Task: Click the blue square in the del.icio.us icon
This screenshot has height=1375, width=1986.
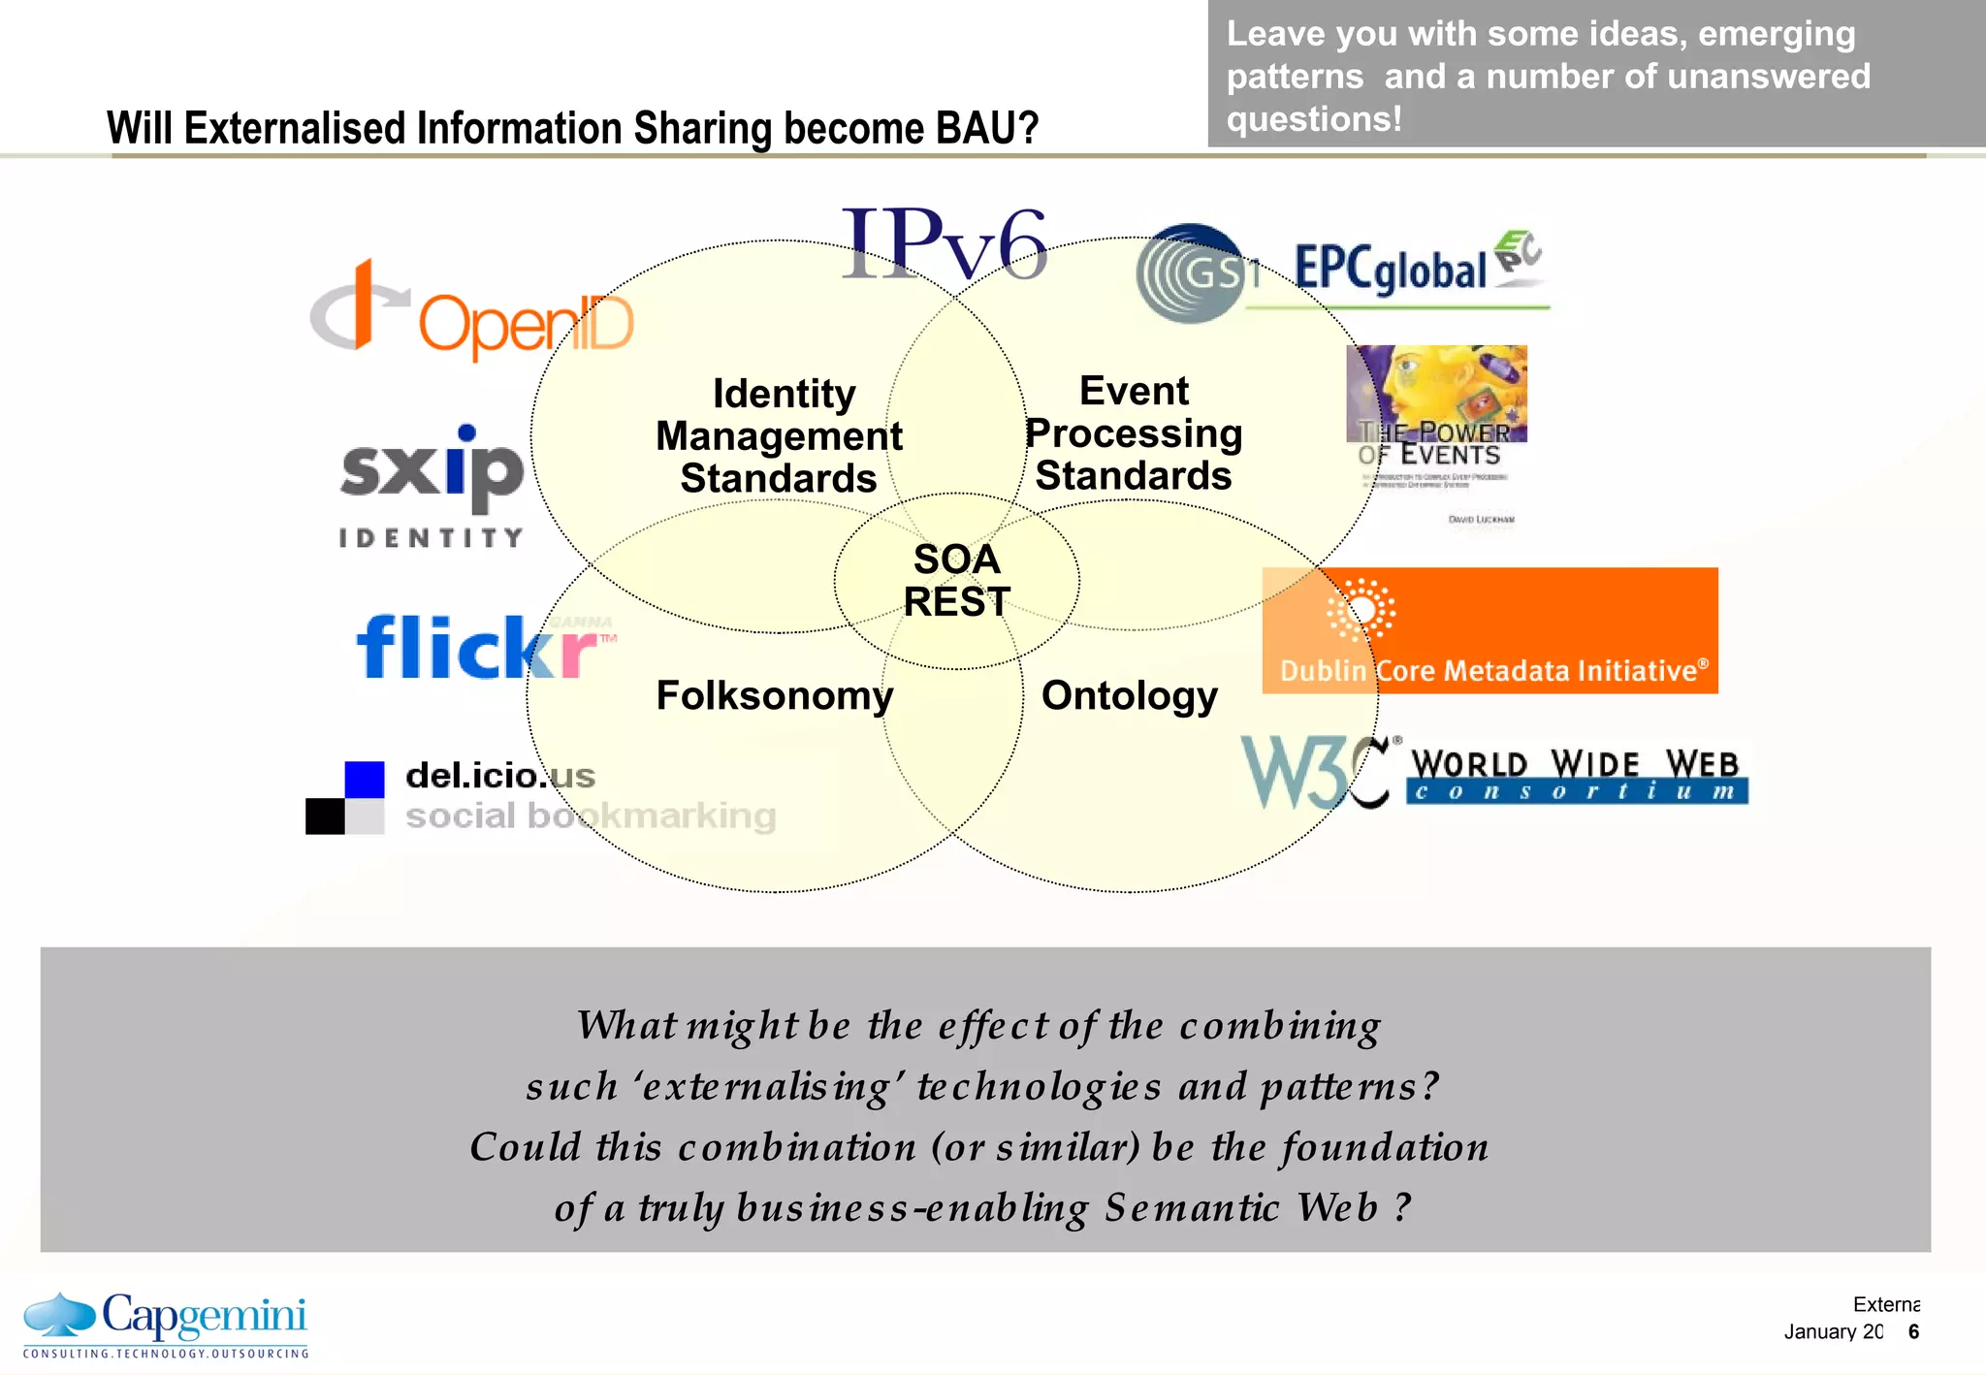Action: point(365,780)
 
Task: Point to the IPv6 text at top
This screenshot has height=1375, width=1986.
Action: point(944,245)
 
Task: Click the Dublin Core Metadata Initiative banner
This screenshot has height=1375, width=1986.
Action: point(1489,630)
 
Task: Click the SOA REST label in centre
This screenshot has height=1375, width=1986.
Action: point(957,581)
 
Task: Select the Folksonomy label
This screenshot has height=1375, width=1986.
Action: point(774,695)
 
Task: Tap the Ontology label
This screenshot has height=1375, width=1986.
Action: point(1129,695)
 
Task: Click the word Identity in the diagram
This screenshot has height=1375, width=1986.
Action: point(784,394)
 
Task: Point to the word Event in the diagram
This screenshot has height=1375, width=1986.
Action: point(1133,391)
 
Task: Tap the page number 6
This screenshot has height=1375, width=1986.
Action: point(1913,1331)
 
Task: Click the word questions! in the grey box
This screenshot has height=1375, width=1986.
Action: point(1313,119)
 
